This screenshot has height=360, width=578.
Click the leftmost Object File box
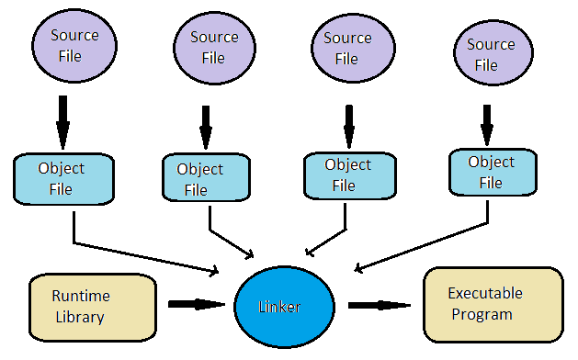point(62,178)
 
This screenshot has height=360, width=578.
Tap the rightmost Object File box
point(493,173)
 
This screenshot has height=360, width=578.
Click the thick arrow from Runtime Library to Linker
point(195,303)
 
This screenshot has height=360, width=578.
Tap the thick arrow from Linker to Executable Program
point(379,304)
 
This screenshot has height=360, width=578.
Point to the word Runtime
point(80,296)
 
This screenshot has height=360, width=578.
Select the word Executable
point(485,294)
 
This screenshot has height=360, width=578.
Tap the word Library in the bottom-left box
point(78,318)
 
